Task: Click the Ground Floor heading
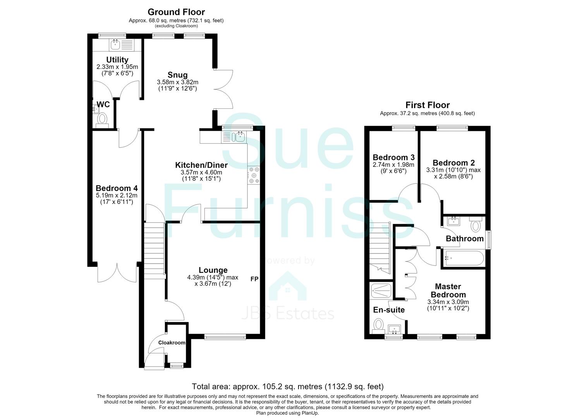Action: point(176,12)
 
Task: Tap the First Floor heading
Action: point(427,105)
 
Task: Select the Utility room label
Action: point(117,60)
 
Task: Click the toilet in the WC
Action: point(102,120)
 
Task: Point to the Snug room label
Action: point(178,75)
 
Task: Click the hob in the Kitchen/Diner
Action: point(254,175)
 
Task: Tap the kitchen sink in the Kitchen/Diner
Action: point(233,137)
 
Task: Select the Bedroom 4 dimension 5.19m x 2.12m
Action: point(117,195)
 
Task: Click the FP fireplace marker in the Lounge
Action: point(254,279)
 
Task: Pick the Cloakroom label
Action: point(172,343)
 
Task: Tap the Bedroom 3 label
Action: point(393,157)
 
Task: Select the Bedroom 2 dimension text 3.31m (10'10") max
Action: point(453,170)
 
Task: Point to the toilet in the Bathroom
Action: point(475,224)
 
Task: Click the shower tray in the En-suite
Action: point(380,291)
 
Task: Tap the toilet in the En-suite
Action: point(378,326)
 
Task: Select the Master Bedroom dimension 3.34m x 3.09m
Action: point(448,302)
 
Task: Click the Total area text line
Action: point(288,386)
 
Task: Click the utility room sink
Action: point(115,45)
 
